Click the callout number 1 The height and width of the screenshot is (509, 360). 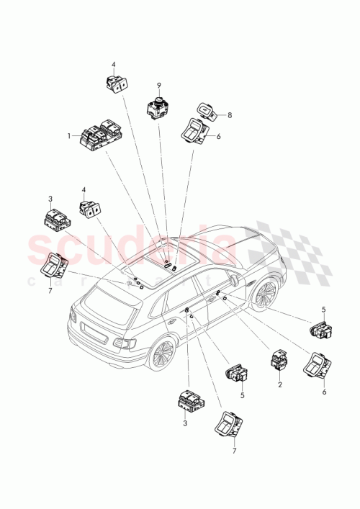coord(70,135)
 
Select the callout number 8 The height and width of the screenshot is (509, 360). coord(230,114)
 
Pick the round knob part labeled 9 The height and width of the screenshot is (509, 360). coord(158,109)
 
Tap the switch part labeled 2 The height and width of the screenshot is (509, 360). coord(279,360)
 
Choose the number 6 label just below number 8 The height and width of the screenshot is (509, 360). coord(218,137)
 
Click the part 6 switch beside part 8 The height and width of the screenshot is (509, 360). coord(194,130)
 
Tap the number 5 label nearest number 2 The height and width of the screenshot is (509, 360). coord(242,396)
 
